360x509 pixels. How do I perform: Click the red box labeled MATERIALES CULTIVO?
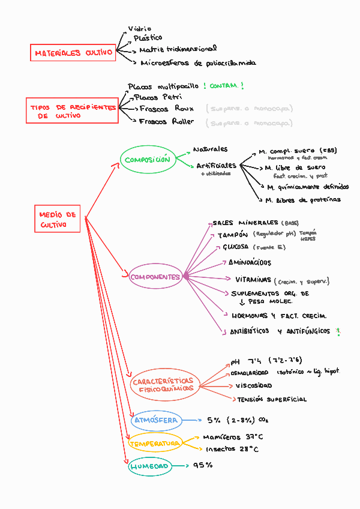click(73, 53)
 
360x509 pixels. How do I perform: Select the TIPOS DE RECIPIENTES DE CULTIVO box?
click(73, 111)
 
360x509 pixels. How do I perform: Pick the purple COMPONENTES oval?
click(155, 277)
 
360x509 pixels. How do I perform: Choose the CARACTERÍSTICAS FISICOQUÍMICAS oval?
click(163, 385)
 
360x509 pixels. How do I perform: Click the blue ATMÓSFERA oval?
click(155, 420)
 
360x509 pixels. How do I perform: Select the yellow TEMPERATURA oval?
click(155, 444)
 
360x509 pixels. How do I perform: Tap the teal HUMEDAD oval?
click(149, 466)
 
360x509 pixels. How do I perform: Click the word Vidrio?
click(140, 28)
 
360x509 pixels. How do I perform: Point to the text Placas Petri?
click(158, 97)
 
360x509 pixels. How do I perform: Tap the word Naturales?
click(210, 148)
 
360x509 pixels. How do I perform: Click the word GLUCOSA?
click(235, 247)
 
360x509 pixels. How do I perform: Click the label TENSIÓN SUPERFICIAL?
click(271, 399)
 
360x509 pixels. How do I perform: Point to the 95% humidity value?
click(203, 465)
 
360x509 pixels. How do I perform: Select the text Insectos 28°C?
click(232, 449)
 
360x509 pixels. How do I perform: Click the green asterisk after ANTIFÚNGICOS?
click(338, 331)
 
